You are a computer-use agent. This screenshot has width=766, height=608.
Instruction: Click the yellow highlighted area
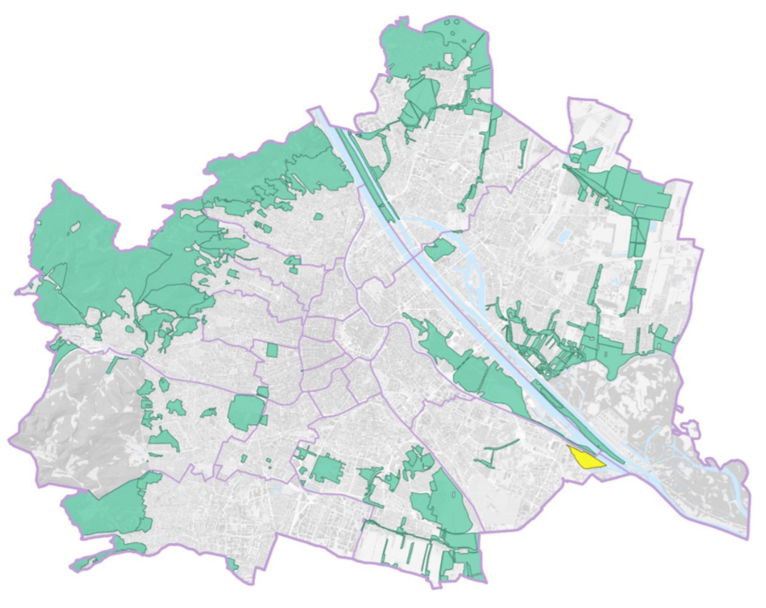[x=585, y=459]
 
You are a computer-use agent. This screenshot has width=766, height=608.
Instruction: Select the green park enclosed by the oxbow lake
[x=440, y=249]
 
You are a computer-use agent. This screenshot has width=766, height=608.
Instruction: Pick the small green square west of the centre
[x=271, y=350]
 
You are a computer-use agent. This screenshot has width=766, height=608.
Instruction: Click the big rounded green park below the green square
[x=246, y=412]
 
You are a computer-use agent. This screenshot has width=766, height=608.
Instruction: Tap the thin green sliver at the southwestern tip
[x=89, y=562]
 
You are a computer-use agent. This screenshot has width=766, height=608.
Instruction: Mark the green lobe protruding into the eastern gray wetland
[x=614, y=361]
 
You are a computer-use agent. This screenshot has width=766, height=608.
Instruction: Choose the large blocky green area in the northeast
[x=637, y=190]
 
